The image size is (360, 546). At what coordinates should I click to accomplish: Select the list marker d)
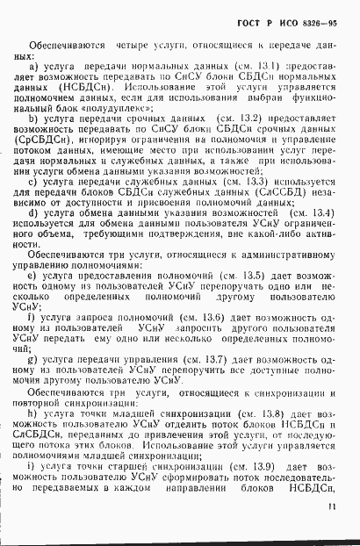pos(33,236)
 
